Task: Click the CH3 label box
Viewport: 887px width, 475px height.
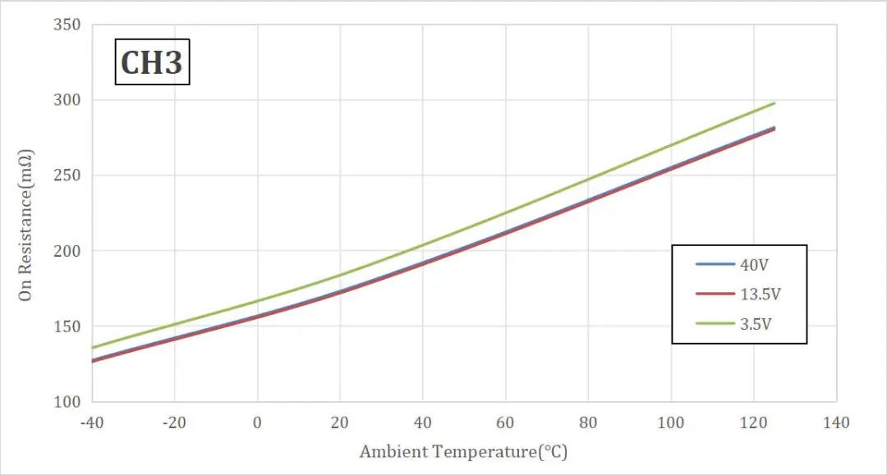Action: (151, 62)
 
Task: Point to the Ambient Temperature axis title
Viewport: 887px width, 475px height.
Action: (463, 452)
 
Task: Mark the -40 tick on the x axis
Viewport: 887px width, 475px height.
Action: (92, 422)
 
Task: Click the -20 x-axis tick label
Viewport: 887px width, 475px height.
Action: (174, 422)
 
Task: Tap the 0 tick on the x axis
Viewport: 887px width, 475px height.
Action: (258, 422)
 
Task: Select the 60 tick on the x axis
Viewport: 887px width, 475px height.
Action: (505, 422)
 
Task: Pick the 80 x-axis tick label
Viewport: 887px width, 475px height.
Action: (588, 422)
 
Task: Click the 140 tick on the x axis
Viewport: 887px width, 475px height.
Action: (835, 422)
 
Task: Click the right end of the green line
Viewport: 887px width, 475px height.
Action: (774, 103)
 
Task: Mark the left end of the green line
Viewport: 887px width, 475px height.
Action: (93, 348)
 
